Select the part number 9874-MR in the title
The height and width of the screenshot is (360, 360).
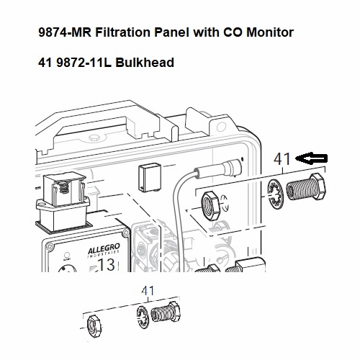click(x=61, y=33)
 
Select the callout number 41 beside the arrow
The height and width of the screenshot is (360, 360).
click(x=282, y=160)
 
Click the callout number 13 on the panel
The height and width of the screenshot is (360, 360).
click(x=107, y=264)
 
